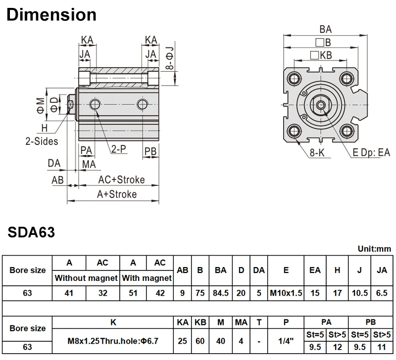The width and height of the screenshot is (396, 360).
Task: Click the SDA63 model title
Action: click(31, 232)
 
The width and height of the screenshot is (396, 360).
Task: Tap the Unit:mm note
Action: click(374, 248)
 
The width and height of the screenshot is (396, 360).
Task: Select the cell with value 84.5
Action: click(221, 293)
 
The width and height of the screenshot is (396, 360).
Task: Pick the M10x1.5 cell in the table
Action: click(286, 293)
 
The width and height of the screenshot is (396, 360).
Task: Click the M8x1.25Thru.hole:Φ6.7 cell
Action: click(113, 341)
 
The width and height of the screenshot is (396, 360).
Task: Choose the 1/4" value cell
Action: click(286, 341)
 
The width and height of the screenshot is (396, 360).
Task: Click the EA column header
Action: click(315, 270)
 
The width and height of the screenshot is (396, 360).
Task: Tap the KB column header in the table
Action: click(200, 322)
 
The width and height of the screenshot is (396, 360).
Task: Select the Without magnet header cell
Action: click(86, 278)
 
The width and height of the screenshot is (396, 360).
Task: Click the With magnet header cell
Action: click(147, 278)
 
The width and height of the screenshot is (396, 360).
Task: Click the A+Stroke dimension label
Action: click(117, 194)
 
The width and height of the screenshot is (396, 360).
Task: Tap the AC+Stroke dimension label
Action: click(121, 179)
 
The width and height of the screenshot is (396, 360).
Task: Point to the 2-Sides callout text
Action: click(42, 141)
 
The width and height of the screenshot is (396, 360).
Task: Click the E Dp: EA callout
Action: click(371, 152)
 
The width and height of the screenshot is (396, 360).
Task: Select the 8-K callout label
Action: click(317, 153)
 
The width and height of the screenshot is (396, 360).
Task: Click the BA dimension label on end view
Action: click(325, 29)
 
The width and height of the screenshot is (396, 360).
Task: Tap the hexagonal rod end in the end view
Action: click(322, 104)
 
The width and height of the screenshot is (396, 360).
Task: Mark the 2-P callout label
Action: click(117, 148)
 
